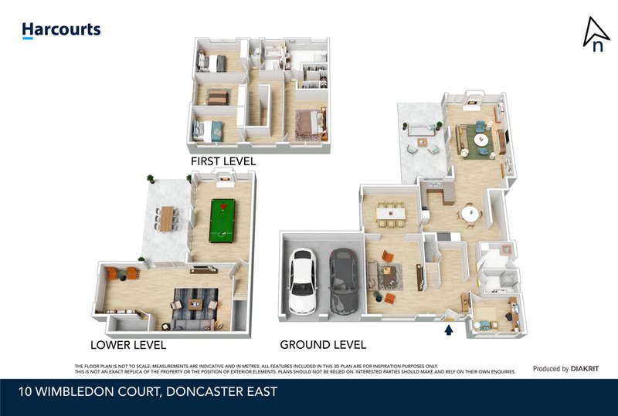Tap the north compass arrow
[596, 33]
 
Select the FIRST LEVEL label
[223, 161]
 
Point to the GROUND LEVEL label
[322, 345]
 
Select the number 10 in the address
[26, 392]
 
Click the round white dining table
[470, 213]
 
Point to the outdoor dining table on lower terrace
[167, 218]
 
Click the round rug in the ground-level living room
[481, 140]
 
